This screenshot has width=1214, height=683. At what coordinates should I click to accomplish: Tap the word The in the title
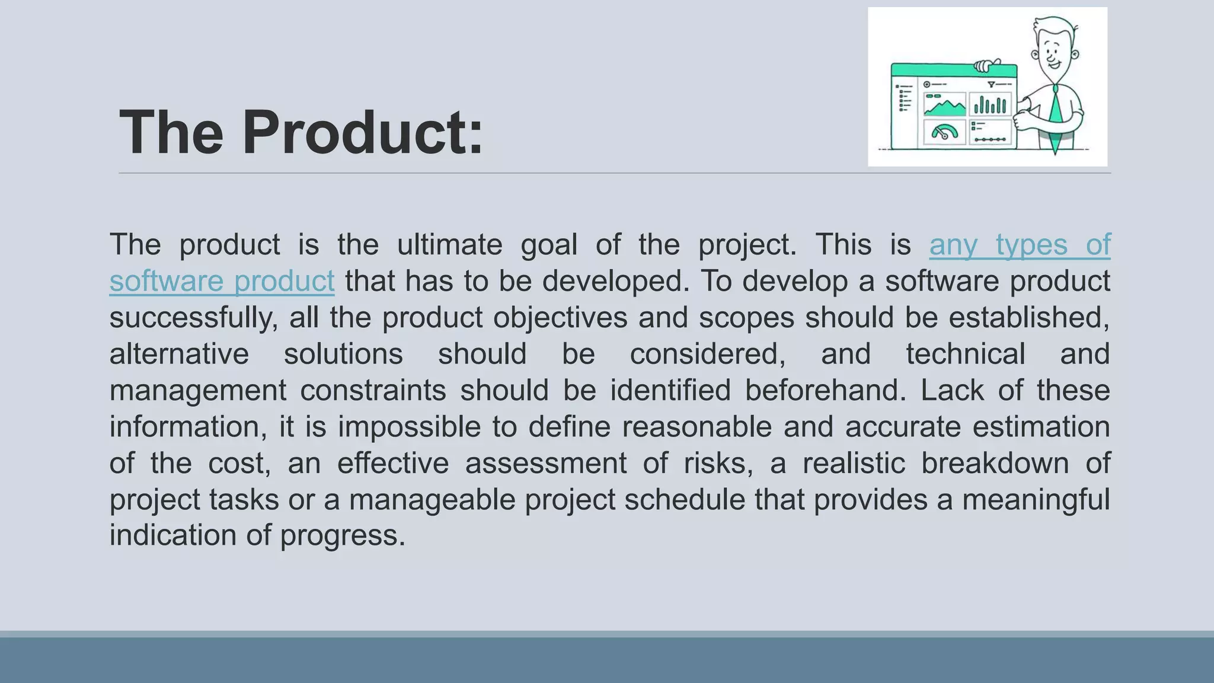(x=171, y=133)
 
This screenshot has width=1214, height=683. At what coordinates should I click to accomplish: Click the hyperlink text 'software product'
(x=222, y=281)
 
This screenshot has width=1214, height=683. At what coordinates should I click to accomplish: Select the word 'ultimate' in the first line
(x=449, y=245)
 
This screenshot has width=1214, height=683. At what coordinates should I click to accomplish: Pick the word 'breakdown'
(x=995, y=463)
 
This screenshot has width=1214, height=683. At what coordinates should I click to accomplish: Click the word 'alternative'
(x=179, y=355)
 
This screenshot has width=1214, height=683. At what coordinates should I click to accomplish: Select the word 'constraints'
(x=373, y=391)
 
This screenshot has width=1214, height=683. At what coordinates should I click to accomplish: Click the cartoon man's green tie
(x=1055, y=119)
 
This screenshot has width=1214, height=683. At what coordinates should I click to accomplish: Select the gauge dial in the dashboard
(x=944, y=132)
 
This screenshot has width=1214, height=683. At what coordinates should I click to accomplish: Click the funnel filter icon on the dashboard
(x=991, y=85)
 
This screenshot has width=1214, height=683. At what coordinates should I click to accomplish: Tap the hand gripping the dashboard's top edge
(x=987, y=65)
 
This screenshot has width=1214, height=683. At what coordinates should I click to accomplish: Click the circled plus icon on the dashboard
(x=927, y=85)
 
